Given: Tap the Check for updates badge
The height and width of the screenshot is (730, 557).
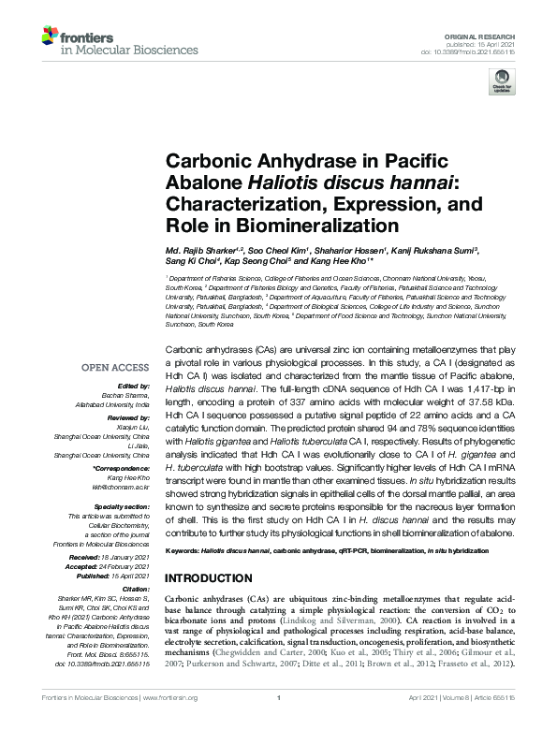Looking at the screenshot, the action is click(x=498, y=85).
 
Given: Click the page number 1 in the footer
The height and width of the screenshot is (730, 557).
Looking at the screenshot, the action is click(x=278, y=723).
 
